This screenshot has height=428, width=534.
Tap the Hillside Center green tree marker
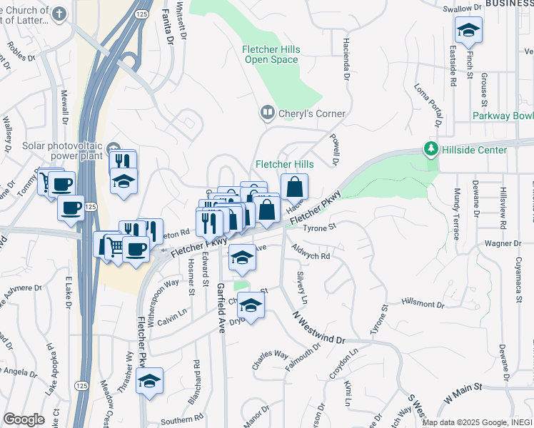(430, 149)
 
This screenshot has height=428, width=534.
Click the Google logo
(24, 419)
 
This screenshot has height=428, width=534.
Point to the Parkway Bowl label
(503, 116)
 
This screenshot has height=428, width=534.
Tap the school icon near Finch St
(468, 30)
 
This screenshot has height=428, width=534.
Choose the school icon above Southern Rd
(149, 382)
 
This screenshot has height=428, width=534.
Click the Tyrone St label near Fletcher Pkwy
(319, 228)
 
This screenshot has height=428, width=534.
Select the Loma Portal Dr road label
(428, 107)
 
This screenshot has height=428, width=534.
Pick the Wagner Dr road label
(504, 243)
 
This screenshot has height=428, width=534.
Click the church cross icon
(59, 14)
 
